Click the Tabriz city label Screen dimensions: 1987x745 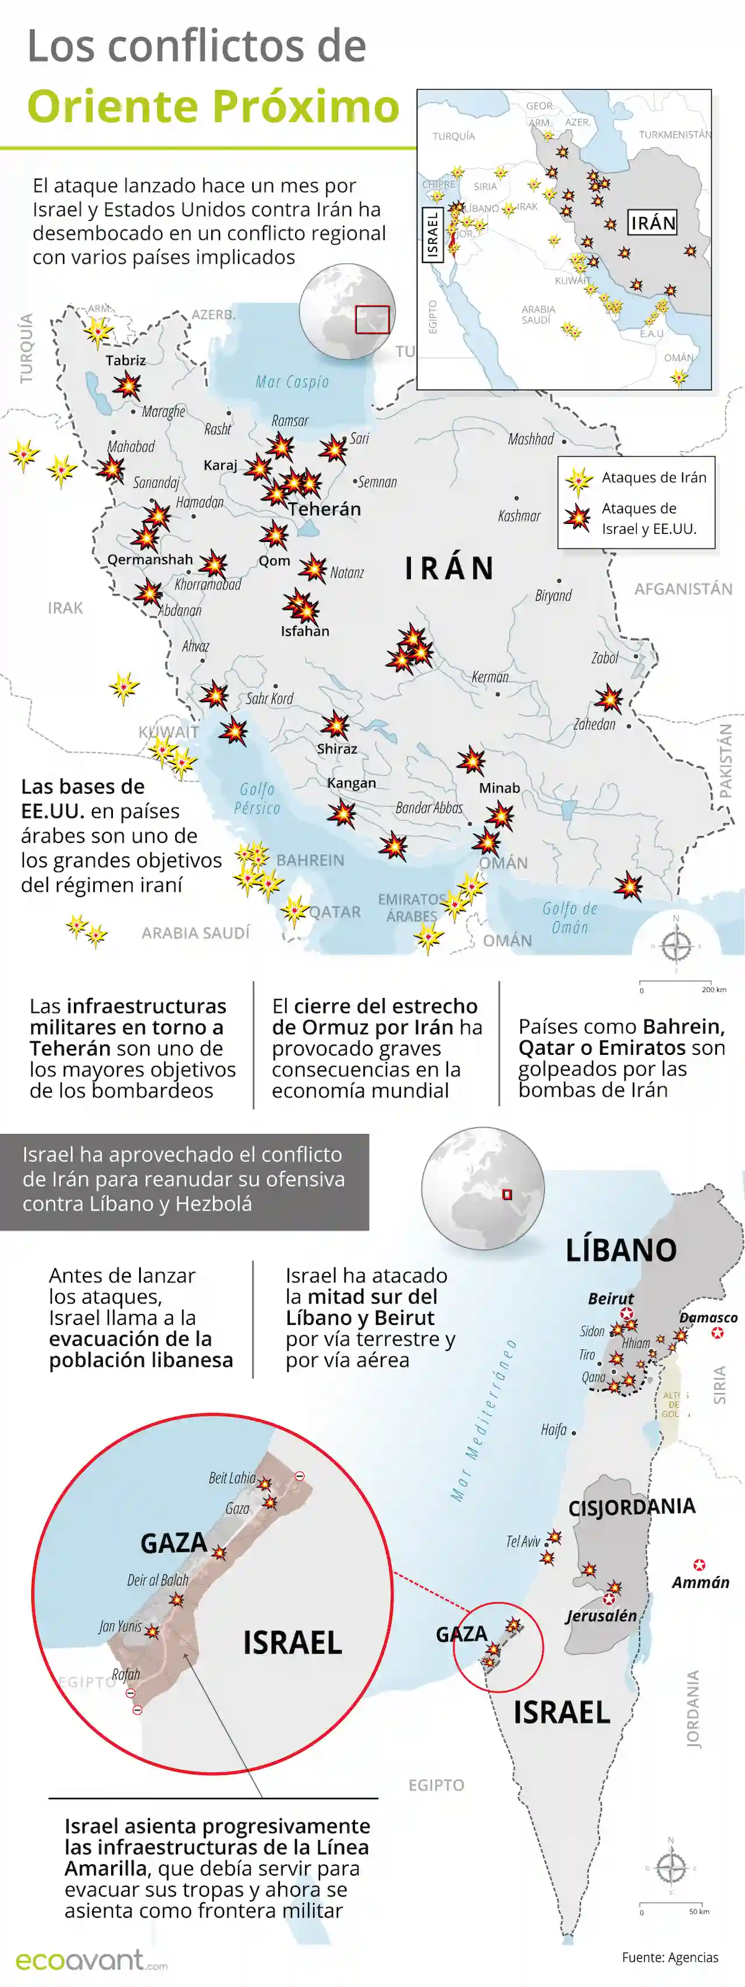click(126, 360)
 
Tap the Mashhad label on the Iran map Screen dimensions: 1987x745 click(531, 439)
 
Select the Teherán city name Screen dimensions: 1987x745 click(325, 509)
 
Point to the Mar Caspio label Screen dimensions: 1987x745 click(292, 382)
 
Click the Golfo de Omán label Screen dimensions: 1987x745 click(570, 918)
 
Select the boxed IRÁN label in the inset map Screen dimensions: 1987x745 click(652, 223)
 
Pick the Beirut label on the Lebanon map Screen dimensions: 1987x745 click(611, 1298)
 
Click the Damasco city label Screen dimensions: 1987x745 click(708, 1317)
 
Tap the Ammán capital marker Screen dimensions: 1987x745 click(698, 1565)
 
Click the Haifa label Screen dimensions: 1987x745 click(554, 1430)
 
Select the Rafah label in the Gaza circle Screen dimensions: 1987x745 click(126, 1674)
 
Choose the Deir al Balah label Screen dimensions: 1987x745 click(157, 1579)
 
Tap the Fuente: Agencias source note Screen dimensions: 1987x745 click(670, 1957)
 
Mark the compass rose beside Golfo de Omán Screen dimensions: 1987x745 click(676, 945)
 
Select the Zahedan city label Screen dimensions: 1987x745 click(595, 724)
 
